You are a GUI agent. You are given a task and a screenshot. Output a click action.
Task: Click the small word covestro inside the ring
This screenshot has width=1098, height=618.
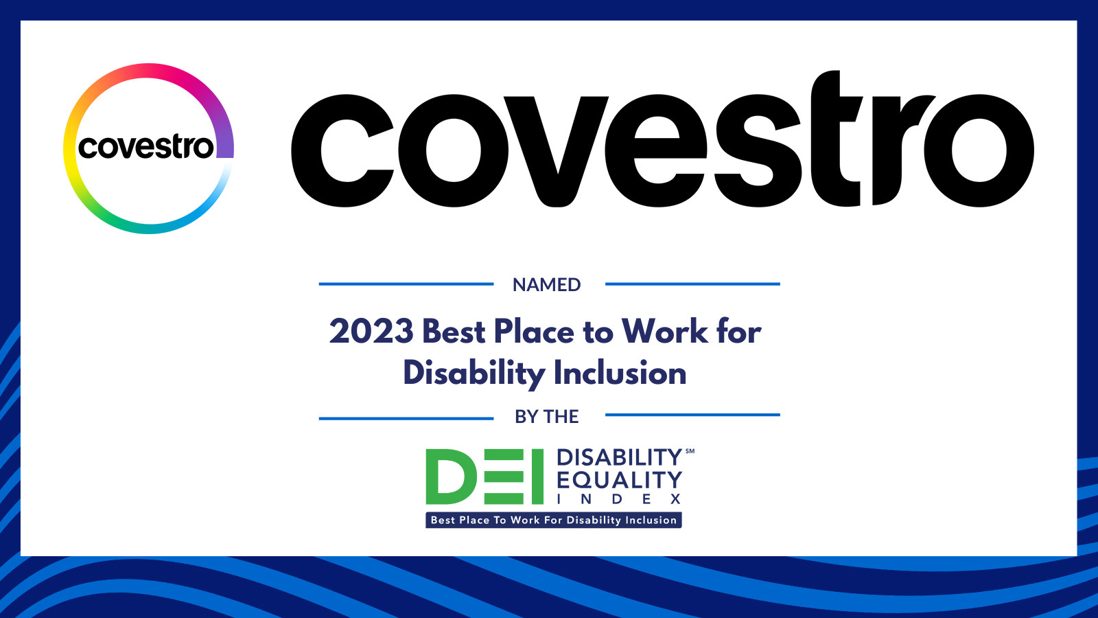pyautogui.click(x=146, y=147)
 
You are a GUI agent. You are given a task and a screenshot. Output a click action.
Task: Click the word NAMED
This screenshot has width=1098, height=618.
pyautogui.click(x=546, y=284)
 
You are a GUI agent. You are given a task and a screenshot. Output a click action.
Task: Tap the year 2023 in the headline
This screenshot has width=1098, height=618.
pyautogui.click(x=371, y=331)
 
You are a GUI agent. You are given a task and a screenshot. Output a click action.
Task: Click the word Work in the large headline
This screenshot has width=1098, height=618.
pyautogui.click(x=665, y=331)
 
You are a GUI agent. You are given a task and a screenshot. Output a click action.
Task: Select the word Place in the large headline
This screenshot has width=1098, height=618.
pyautogui.click(x=534, y=331)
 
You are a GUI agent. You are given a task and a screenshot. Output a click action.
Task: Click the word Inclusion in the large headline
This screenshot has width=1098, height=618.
pyautogui.click(x=620, y=373)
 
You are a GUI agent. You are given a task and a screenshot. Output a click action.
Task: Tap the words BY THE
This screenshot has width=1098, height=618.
pyautogui.click(x=546, y=416)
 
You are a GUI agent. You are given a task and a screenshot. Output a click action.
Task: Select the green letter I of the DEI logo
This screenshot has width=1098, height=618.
pyautogui.click(x=538, y=477)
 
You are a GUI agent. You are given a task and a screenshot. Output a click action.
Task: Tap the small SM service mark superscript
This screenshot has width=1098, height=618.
pyautogui.click(x=689, y=450)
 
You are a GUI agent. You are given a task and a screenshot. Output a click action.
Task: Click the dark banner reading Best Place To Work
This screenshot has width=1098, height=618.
pyautogui.click(x=553, y=520)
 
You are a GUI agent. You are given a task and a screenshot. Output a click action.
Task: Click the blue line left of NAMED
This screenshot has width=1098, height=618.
pyautogui.click(x=406, y=284)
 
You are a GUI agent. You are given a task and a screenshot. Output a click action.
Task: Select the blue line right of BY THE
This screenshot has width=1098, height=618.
pyautogui.click(x=692, y=415)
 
